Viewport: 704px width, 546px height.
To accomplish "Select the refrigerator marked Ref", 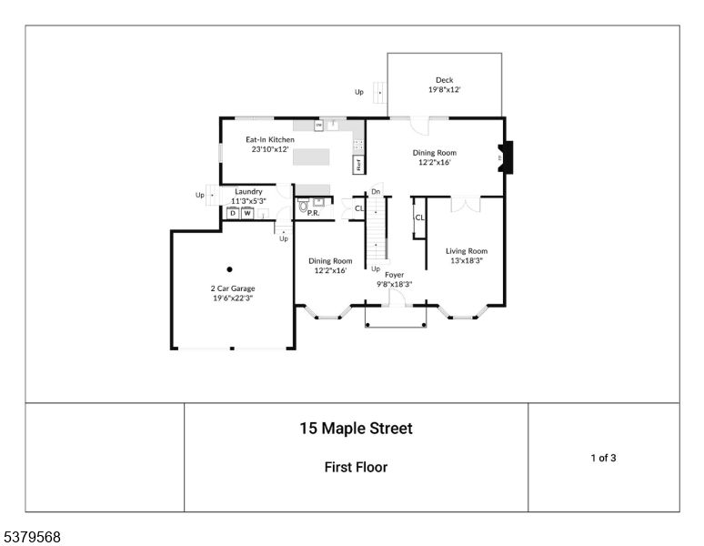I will (x=358, y=165).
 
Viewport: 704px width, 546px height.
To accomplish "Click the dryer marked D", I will (x=232, y=213).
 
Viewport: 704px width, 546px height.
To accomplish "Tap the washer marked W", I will (x=246, y=213).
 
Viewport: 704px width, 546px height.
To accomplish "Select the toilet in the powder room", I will (x=303, y=207).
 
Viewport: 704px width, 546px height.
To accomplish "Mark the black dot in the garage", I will (x=230, y=268).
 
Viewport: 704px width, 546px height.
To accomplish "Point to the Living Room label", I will (x=466, y=251).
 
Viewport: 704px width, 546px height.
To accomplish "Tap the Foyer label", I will (x=395, y=274).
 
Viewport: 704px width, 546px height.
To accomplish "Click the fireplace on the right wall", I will (x=508, y=157).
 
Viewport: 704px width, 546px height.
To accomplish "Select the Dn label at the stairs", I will (x=375, y=192).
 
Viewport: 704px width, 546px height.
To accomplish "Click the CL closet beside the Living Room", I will (x=419, y=218).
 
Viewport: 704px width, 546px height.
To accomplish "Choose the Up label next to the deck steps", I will (x=359, y=91).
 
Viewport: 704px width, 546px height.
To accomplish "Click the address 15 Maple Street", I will (x=356, y=429).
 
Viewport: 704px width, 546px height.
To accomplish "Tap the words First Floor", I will (x=356, y=468).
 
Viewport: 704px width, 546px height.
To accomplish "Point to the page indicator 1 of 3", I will (x=603, y=458).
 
